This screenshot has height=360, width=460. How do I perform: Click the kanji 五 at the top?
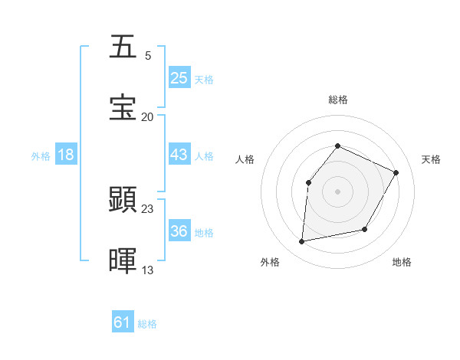123,47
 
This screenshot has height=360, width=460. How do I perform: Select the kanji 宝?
123,108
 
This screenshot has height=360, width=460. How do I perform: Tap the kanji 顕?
123,200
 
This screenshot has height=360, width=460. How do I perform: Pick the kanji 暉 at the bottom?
123,261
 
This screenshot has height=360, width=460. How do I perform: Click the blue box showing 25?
179,78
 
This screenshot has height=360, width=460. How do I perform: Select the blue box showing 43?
179,155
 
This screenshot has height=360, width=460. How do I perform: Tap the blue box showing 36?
179,231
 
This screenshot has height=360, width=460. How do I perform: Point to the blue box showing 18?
66,155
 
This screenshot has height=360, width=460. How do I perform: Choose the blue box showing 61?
123,322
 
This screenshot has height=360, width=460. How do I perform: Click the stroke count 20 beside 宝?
148,116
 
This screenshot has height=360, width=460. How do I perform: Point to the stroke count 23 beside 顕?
148,208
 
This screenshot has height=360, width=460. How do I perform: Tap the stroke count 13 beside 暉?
148,270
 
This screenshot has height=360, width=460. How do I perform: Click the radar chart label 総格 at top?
337,100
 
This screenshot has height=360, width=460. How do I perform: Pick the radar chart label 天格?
431,159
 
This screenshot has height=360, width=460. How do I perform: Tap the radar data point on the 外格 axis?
302,242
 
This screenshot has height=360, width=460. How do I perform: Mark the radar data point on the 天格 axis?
396,172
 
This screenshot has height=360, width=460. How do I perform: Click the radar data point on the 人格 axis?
308,182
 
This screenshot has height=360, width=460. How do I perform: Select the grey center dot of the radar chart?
337,191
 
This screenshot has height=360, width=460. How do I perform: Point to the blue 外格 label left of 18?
41,155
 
